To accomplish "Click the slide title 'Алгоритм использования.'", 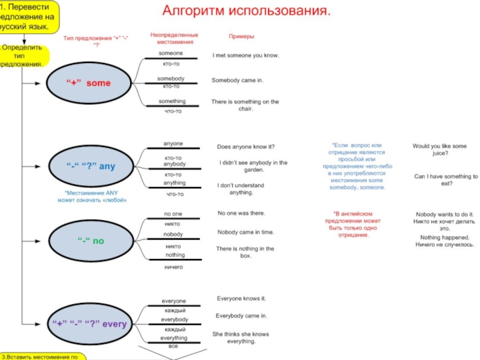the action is [247, 11].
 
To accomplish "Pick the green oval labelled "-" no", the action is [91, 241].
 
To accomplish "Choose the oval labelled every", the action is [90, 324].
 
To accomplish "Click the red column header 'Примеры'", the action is [241, 37].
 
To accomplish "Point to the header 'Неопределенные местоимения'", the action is [174, 38].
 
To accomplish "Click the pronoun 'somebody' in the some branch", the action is [171, 79].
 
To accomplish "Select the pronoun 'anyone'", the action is [173, 143].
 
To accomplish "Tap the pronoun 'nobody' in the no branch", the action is [173, 234].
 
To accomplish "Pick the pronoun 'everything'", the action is [173, 338].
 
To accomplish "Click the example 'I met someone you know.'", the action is [246, 55].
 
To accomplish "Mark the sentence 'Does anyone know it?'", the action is [245, 146].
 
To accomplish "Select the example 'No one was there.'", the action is [241, 213].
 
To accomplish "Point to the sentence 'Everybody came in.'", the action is [241, 315].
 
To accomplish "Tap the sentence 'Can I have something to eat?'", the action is [446, 180].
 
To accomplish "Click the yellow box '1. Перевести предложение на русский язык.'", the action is [30, 17].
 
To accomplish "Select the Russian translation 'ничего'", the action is [173, 266].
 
